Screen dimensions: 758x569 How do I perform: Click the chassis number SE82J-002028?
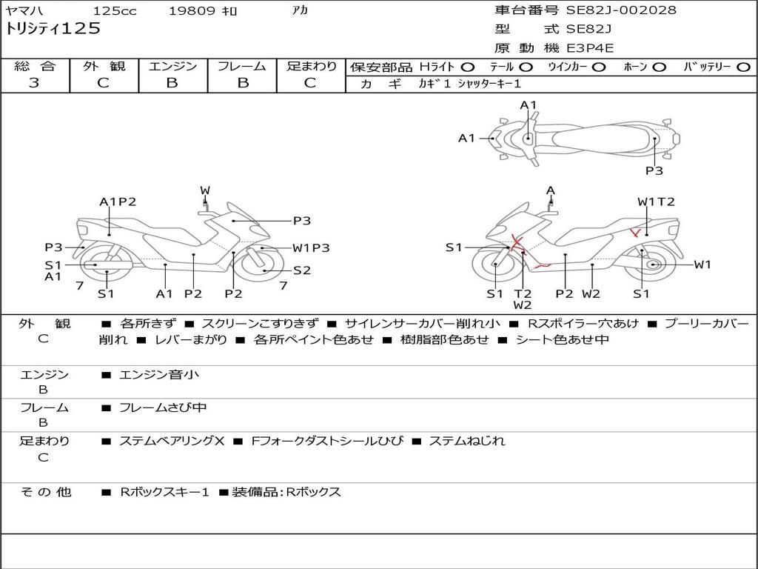[x=621, y=10]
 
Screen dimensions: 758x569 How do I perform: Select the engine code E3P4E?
[x=590, y=48]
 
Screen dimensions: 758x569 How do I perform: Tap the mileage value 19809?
[x=192, y=11]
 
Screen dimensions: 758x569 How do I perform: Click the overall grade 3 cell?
[x=34, y=83]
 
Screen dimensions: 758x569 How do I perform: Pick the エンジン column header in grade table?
[x=172, y=66]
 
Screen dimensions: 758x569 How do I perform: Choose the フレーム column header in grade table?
[x=242, y=66]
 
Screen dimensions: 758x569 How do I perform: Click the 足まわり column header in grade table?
[x=312, y=66]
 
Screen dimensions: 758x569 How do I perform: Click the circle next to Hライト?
[x=468, y=67]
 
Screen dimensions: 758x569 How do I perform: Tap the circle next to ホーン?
[x=659, y=67]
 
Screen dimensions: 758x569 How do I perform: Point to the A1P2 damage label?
[x=118, y=202]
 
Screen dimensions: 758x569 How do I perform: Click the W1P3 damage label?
[x=310, y=248]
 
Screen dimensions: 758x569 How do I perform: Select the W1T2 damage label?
[x=656, y=202]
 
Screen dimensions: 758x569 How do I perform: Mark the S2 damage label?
[x=302, y=270]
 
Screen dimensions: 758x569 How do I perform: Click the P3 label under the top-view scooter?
[x=654, y=170]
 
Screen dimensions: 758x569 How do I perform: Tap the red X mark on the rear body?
[x=635, y=233]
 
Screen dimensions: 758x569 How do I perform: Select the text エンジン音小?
[x=159, y=375]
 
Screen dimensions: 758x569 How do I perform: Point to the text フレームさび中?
[x=163, y=407]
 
